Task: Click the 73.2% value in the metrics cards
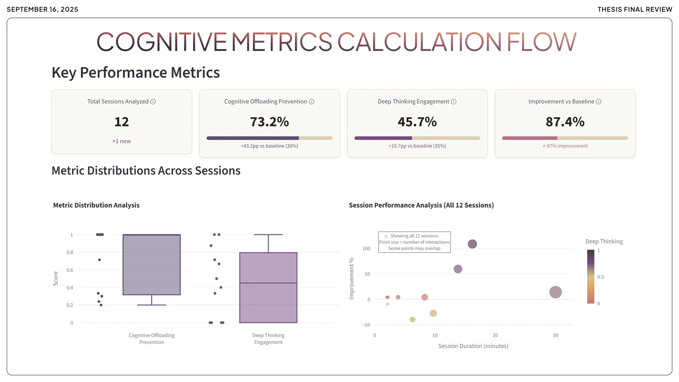(x=269, y=122)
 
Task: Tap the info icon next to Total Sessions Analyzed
(x=153, y=102)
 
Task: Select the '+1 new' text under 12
(x=121, y=141)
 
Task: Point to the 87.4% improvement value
(x=565, y=122)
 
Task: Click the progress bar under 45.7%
(x=417, y=138)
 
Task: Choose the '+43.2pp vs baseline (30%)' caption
(x=269, y=146)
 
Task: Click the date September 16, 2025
(x=42, y=10)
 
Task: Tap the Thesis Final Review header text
(x=635, y=10)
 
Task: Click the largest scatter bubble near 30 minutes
(x=555, y=292)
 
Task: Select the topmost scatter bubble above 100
(x=472, y=244)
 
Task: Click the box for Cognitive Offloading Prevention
(x=151, y=265)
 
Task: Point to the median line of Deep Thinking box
(x=268, y=283)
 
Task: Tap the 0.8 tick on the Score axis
(x=70, y=253)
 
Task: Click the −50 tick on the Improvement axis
(x=366, y=325)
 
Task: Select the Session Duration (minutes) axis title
(x=473, y=346)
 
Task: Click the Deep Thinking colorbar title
(x=604, y=241)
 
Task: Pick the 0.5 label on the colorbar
(x=600, y=277)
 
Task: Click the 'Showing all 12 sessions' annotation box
(x=414, y=242)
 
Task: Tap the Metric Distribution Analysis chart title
(x=96, y=205)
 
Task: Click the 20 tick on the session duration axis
(x=495, y=335)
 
